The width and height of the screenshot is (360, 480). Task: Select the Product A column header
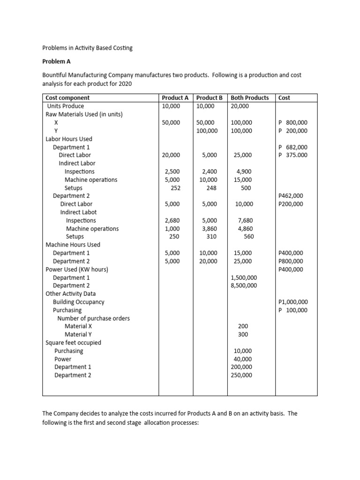[x=175, y=98]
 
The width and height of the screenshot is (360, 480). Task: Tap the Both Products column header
[x=250, y=98]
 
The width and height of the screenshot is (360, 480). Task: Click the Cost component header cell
[x=67, y=98]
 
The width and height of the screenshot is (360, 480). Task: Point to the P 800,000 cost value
[x=293, y=123]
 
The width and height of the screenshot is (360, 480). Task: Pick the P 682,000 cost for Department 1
[x=293, y=147]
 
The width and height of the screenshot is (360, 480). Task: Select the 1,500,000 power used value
[x=244, y=277]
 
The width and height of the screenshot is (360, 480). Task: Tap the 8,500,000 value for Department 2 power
[x=244, y=285]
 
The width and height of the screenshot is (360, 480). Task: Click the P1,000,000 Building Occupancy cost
[x=293, y=302]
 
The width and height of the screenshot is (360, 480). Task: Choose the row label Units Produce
[x=65, y=106]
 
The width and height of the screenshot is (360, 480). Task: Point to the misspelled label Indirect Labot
[x=78, y=212]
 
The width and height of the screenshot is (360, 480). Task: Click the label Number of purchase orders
[x=93, y=318]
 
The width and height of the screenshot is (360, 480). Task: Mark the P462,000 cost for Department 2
[x=291, y=196]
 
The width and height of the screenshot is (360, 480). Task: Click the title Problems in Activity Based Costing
[x=88, y=48]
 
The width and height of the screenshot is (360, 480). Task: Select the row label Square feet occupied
[x=73, y=343]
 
